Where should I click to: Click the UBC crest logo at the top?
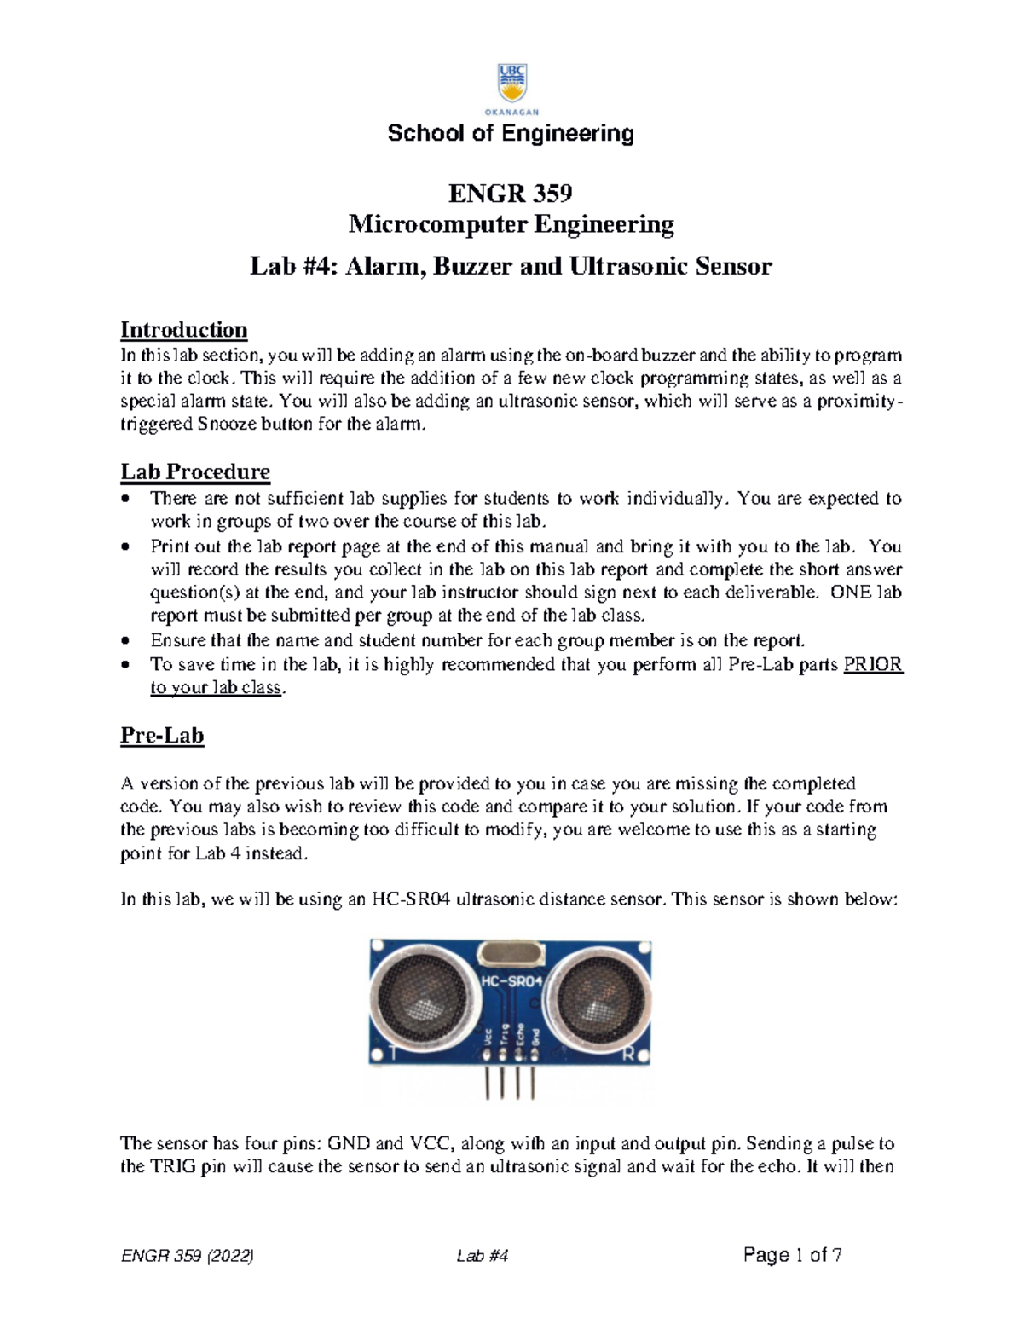point(511,83)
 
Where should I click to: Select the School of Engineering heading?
point(511,134)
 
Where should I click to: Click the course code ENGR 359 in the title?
point(510,194)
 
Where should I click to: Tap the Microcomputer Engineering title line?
point(511,224)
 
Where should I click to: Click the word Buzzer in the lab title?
point(473,267)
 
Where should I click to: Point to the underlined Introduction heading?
point(183,330)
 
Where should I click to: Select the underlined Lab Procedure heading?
point(195,471)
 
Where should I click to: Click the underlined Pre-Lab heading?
point(162,736)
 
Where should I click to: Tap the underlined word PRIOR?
point(872,665)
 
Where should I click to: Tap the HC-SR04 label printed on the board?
point(511,981)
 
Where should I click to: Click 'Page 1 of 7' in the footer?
point(793,1255)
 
